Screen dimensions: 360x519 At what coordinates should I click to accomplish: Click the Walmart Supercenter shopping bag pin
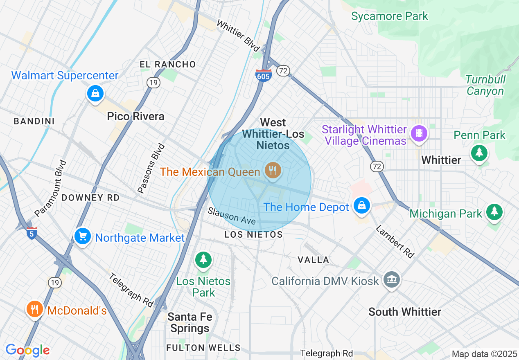(x=95, y=93)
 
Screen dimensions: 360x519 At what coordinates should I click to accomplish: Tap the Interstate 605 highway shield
(x=263, y=75)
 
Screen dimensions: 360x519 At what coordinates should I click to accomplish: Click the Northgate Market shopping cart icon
(x=83, y=236)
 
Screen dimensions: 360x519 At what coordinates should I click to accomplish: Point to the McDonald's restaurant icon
(x=35, y=309)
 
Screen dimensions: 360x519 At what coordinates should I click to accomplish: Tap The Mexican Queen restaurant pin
(x=273, y=170)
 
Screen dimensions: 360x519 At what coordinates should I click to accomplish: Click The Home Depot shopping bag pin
(x=362, y=205)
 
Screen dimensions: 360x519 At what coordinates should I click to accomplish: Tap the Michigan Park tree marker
(x=494, y=211)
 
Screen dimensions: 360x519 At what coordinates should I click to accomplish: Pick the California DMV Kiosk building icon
(x=392, y=280)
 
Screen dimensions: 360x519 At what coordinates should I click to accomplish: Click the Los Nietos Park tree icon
(x=203, y=259)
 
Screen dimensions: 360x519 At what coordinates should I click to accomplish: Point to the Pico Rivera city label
(x=135, y=116)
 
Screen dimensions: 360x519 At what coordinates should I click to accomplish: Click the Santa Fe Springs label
(x=190, y=322)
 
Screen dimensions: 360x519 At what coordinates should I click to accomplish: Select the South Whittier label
(x=404, y=312)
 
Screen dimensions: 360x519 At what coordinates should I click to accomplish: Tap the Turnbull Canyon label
(x=485, y=85)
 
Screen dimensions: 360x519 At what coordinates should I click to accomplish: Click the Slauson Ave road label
(x=231, y=216)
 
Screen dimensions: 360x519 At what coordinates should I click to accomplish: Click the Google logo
(x=27, y=350)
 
